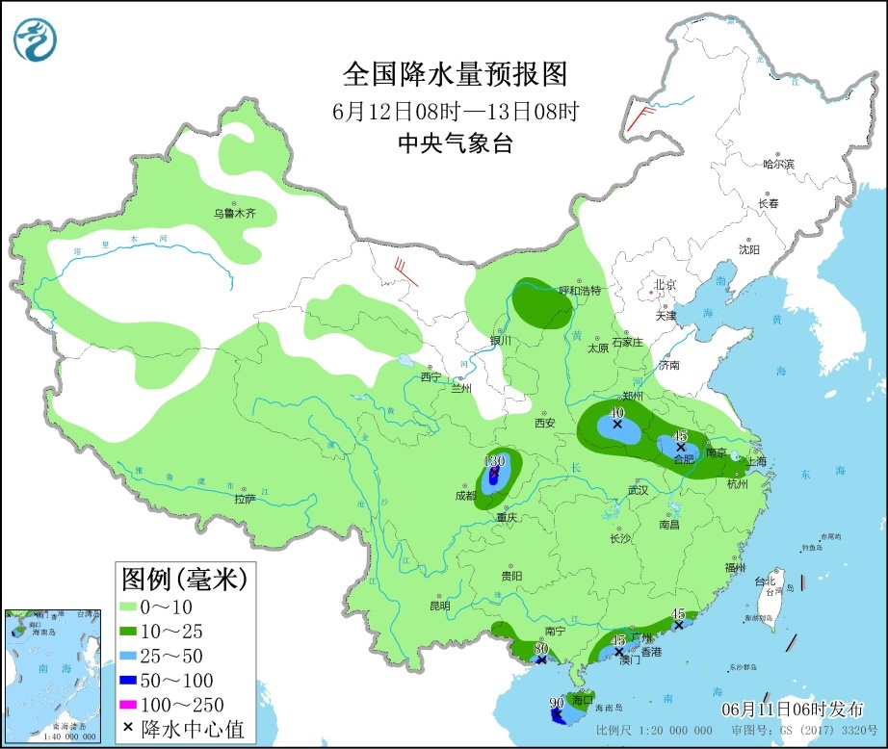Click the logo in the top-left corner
point(36,39)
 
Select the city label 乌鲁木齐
point(235,213)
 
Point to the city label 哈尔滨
point(777,165)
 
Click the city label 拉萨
point(245,499)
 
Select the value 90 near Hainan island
point(556,703)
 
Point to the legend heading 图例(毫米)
point(184,580)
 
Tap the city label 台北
point(765,581)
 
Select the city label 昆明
point(439,607)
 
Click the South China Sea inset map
point(53,675)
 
